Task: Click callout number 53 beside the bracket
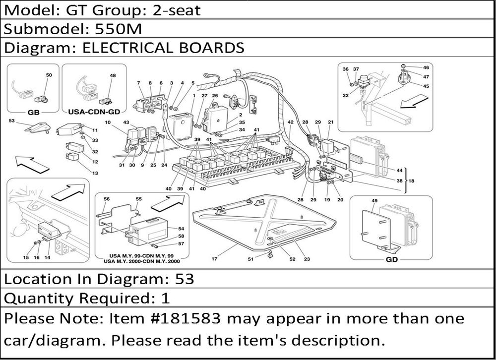(x=12, y=120)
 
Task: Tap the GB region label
(x=34, y=112)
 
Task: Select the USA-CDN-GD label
(x=94, y=112)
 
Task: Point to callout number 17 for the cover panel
(x=214, y=259)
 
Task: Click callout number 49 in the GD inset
(x=374, y=200)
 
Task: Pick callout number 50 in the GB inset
(x=49, y=75)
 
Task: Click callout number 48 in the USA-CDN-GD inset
(x=113, y=75)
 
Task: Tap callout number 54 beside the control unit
(x=181, y=229)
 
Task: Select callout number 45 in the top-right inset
(x=426, y=86)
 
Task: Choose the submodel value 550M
(x=119, y=29)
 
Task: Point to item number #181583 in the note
(x=185, y=318)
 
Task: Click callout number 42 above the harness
(x=290, y=122)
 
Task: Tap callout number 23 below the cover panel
(x=307, y=259)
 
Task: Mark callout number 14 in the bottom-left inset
(x=47, y=257)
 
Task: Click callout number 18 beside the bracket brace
(x=411, y=181)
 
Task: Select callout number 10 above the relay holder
(x=108, y=122)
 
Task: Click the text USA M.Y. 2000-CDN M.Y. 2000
(x=142, y=261)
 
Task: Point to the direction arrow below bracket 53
(x=32, y=164)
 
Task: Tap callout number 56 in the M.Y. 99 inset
(x=107, y=199)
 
